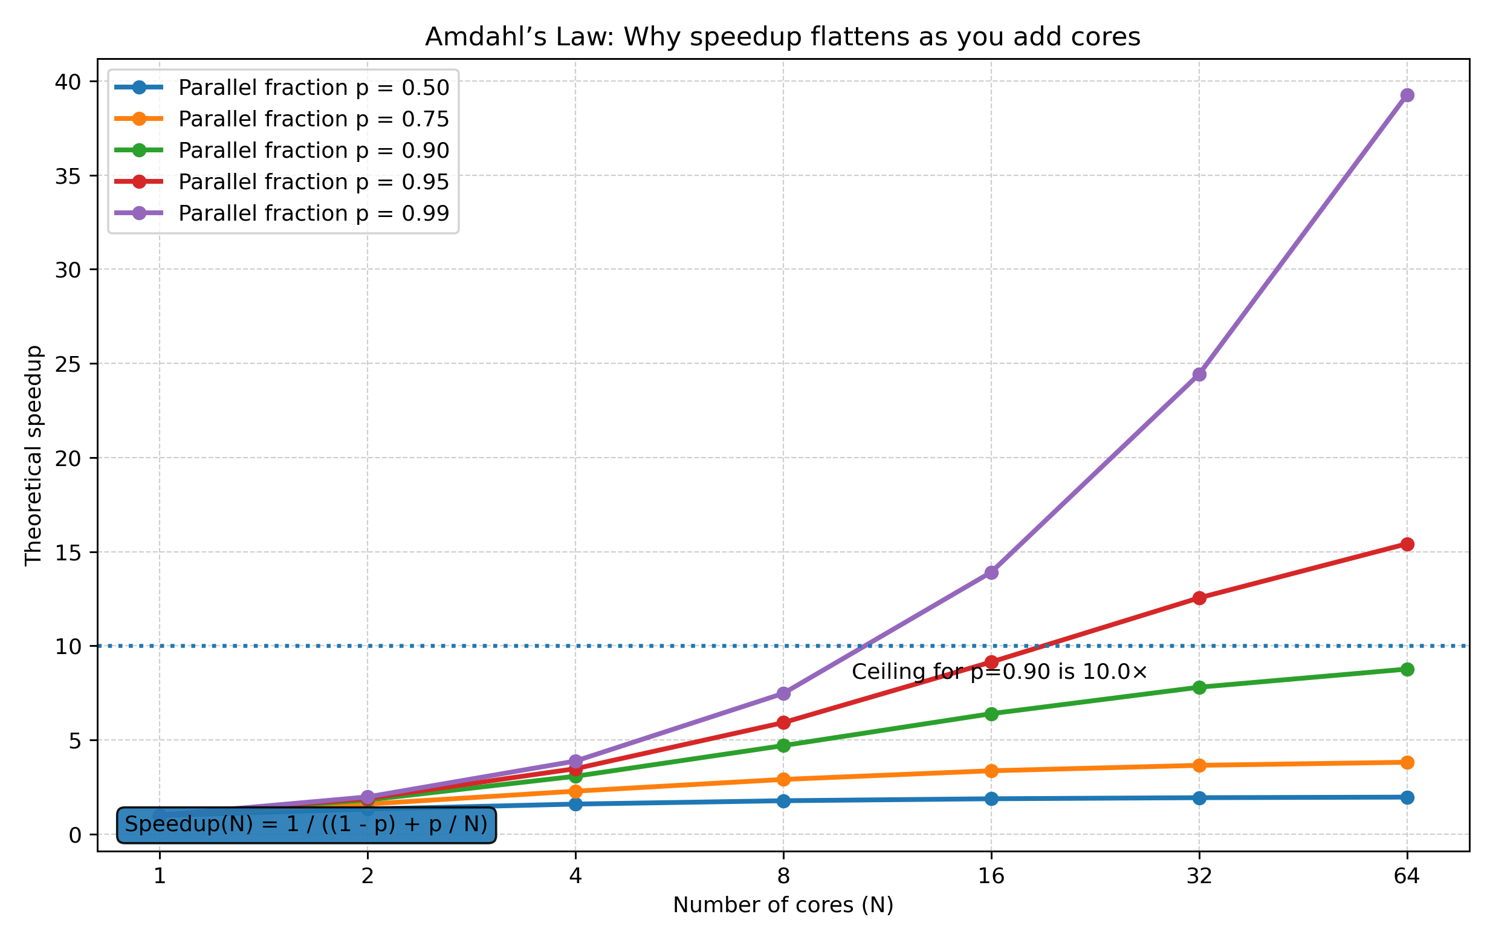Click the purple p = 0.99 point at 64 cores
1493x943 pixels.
pos(1407,95)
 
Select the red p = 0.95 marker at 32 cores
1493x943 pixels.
pos(1199,598)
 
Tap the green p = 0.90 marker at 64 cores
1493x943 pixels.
pos(1407,669)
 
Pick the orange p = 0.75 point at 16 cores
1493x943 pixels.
pos(991,771)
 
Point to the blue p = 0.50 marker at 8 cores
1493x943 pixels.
pos(783,801)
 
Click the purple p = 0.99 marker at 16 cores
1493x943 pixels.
pos(991,572)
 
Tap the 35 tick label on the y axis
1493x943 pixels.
pos(68,177)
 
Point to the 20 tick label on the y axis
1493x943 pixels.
pos(68,459)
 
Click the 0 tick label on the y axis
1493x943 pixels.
pos(75,836)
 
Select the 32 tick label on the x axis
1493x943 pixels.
pos(1199,876)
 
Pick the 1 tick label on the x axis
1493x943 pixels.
pos(160,876)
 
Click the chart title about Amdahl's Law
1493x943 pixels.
pos(782,37)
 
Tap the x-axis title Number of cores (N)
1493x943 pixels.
pos(783,905)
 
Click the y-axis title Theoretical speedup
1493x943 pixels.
pos(33,456)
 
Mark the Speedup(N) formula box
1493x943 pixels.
pos(306,825)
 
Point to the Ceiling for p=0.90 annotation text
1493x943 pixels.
pos(1000,672)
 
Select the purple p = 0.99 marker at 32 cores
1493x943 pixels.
pos(1199,374)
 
